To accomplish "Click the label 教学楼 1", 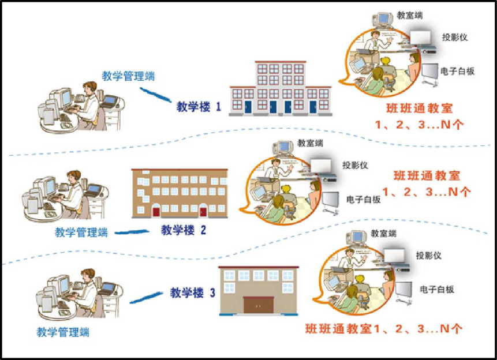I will [199, 107].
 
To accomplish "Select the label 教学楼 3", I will [193, 292].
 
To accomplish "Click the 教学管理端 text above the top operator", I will [128, 76].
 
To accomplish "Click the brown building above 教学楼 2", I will [180, 193].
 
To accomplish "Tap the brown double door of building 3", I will [258, 305].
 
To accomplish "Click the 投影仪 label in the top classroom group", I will [454, 36].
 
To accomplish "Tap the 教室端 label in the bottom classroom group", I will [383, 234].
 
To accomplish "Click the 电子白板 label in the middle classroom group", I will [363, 199].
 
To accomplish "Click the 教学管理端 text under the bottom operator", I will [63, 332].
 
